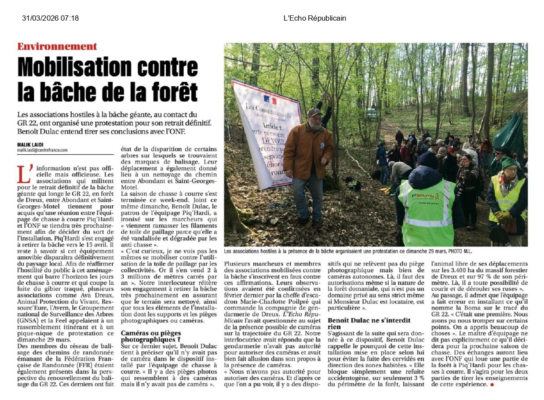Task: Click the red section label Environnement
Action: [x=57, y=47]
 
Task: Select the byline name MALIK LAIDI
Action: [x=30, y=145]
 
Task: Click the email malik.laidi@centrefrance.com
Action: [x=42, y=150]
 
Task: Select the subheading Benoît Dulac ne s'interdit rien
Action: [x=369, y=323]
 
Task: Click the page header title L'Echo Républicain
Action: [x=314, y=18]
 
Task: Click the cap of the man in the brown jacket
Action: [x=314, y=112]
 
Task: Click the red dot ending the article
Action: [x=492, y=385]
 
